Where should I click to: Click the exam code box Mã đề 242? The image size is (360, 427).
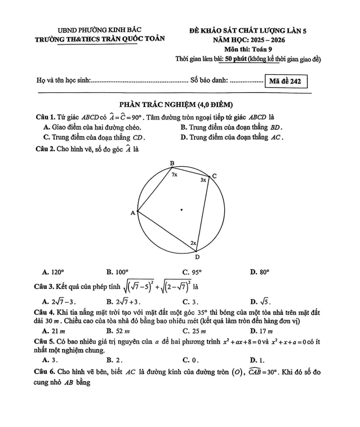pyautogui.click(x=286, y=81)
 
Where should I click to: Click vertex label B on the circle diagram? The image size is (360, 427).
pyautogui.click(x=172, y=163)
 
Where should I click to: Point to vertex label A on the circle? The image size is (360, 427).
pyautogui.click(x=133, y=213)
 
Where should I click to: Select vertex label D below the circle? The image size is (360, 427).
pyautogui.click(x=197, y=257)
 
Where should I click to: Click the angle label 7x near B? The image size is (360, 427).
pyautogui.click(x=175, y=175)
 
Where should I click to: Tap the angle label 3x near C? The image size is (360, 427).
pyautogui.click(x=203, y=180)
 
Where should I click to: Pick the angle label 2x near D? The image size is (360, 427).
pyautogui.click(x=193, y=243)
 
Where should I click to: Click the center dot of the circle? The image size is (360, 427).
pyautogui.click(x=181, y=211)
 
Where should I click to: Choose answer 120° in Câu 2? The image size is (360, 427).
pyautogui.click(x=57, y=271)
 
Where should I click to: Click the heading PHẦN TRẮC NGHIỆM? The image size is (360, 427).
pyautogui.click(x=177, y=105)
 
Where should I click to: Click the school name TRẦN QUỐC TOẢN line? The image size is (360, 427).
pyautogui.click(x=100, y=40)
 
